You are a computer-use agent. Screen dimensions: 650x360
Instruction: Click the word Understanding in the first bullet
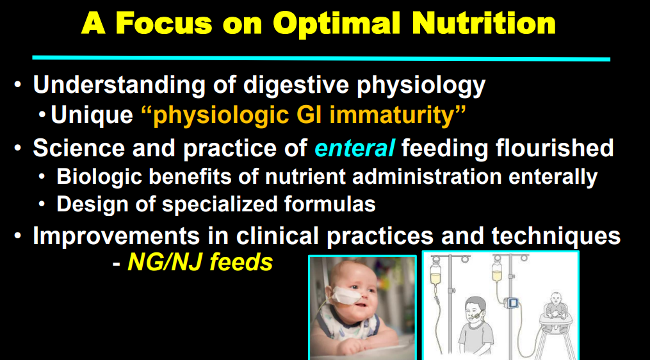[119, 85]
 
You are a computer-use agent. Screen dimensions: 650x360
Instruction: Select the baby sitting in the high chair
[555, 309]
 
